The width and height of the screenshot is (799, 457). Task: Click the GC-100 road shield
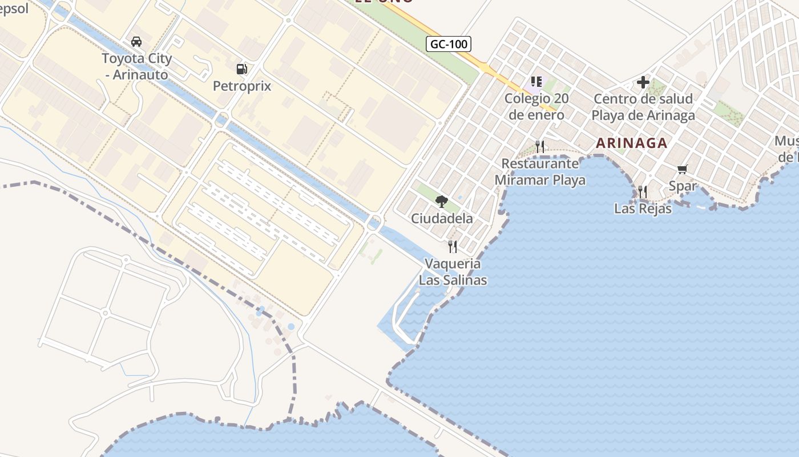[x=449, y=44]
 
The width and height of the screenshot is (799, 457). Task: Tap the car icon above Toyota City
[x=136, y=42]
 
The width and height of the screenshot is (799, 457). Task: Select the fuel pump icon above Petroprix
[x=242, y=69]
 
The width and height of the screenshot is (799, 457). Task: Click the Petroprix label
[x=242, y=86]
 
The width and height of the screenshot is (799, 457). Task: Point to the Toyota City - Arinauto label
[x=136, y=66]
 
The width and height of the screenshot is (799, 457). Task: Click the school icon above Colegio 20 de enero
[x=536, y=82]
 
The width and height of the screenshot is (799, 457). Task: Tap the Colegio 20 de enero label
[x=536, y=106]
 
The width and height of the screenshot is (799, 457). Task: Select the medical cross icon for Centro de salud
[x=643, y=82]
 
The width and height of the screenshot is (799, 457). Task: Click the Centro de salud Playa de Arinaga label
[x=643, y=107]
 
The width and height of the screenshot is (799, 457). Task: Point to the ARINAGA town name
[x=632, y=143]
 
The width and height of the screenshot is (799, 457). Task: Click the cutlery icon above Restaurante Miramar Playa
[x=540, y=147]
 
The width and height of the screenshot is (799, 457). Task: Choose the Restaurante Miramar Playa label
[x=540, y=171]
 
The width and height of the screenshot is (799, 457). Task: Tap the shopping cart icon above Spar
[x=683, y=169]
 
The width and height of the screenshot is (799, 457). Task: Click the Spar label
[x=683, y=186]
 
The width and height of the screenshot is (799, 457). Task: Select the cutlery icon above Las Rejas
[x=643, y=192]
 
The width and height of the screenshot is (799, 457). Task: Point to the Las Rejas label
[x=643, y=209]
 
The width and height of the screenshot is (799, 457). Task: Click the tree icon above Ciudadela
[x=441, y=201]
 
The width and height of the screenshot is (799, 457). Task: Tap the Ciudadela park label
[x=442, y=218]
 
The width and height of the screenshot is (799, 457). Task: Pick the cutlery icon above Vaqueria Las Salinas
[x=453, y=247]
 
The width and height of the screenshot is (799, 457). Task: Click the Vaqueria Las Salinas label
[x=453, y=272]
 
